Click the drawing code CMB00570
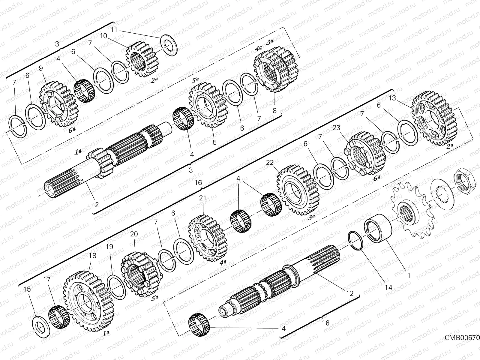pos(462,338)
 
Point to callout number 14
pos(388,287)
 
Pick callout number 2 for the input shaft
pos(97,205)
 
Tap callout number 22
pos(270,162)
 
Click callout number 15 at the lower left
pos(27,289)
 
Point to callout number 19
pos(109,247)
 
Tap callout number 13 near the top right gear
pos(392,98)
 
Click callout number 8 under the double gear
pos(274,110)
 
